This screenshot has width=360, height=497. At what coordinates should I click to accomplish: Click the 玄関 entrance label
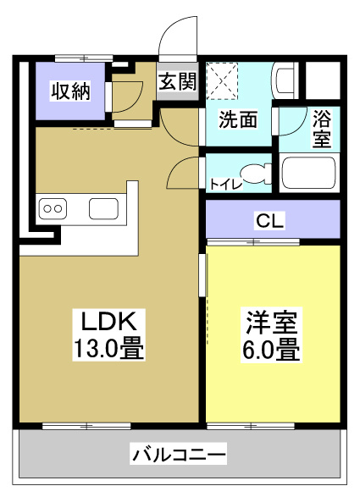[177, 82]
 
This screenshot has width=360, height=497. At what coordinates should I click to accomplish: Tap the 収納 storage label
[69, 91]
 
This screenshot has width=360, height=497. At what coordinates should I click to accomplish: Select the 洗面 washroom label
[238, 119]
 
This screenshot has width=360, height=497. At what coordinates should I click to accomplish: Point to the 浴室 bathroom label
[323, 128]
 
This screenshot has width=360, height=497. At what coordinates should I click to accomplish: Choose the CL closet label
[271, 222]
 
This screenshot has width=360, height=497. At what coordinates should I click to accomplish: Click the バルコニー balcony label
[179, 456]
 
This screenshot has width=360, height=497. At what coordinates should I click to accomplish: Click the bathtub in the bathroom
[309, 173]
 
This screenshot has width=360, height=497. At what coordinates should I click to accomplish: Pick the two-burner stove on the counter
[53, 207]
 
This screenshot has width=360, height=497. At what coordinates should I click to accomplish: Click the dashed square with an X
[224, 80]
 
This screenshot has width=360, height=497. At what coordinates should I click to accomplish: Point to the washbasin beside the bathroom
[285, 81]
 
